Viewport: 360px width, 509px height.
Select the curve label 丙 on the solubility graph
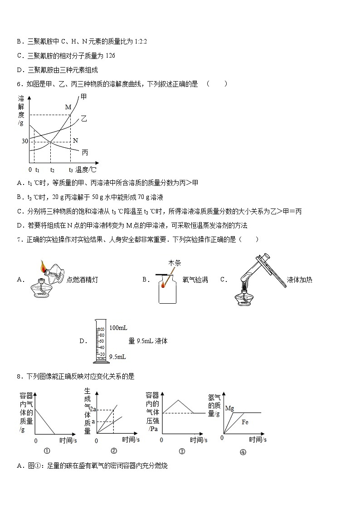[85, 152]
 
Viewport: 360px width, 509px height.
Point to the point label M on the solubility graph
[68, 107]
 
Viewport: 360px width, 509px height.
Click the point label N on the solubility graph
[75, 141]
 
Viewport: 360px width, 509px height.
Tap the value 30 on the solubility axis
[24, 141]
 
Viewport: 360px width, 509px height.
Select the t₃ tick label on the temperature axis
[71, 170]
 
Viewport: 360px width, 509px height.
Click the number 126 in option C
[110, 56]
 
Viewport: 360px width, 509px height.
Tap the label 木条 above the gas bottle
[175, 263]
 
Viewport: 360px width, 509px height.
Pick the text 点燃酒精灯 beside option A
[82, 280]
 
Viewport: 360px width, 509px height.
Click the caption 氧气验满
[195, 280]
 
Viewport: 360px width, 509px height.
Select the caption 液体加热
[299, 280]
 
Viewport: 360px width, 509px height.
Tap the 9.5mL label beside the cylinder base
[117, 357]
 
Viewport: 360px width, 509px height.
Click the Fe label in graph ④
[245, 422]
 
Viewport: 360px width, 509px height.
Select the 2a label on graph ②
[94, 410]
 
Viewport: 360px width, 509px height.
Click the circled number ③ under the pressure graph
[182, 451]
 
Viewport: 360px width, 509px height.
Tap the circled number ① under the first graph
[46, 451]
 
